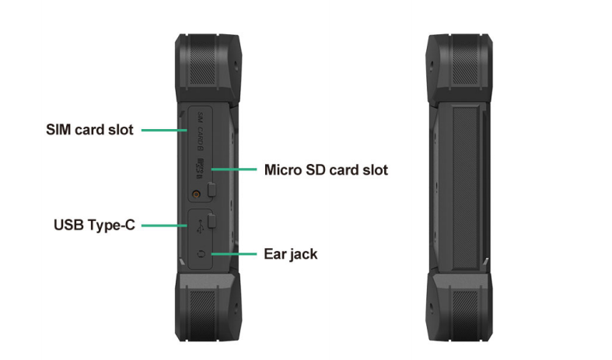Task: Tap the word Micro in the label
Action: tap(283, 170)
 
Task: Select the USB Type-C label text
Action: tap(94, 225)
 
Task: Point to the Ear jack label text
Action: tap(291, 253)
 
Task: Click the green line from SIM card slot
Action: tap(164, 130)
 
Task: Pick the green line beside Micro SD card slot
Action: tap(234, 169)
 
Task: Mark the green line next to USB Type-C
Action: tap(164, 225)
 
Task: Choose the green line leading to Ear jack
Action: tap(234, 253)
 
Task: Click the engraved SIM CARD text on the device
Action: tap(200, 131)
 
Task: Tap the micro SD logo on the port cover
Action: tap(199, 169)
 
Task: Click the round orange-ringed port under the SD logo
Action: tap(196, 194)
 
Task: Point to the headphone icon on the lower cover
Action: tap(201, 254)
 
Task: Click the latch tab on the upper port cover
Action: tap(212, 190)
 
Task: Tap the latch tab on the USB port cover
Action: tap(212, 221)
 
